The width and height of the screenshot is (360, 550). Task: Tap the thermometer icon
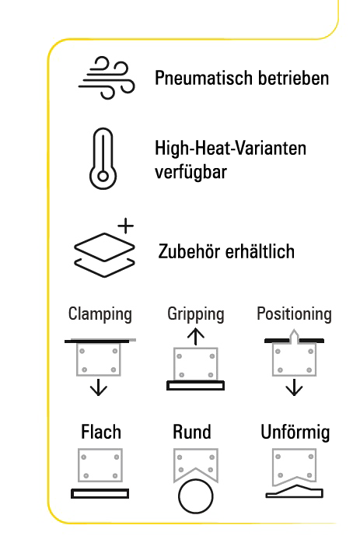[x=103, y=159]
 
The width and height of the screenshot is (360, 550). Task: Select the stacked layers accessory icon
[x=104, y=254]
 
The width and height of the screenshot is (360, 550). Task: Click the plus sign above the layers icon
[x=125, y=226]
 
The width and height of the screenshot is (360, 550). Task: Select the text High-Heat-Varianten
[x=230, y=148]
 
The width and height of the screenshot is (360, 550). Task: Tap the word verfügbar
[x=190, y=172]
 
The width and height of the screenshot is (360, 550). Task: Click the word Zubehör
[x=189, y=251]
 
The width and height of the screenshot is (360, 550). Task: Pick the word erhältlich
[x=260, y=251]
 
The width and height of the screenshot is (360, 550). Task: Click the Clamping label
[x=100, y=314]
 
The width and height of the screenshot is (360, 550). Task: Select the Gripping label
[x=196, y=314]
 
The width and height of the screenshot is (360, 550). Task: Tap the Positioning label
[x=294, y=314]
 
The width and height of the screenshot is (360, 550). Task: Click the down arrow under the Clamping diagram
[x=99, y=387]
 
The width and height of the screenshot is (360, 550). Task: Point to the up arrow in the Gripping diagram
[x=196, y=337]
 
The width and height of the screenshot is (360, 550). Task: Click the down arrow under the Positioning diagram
[x=294, y=387]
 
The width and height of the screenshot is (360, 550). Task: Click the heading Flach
[x=101, y=432]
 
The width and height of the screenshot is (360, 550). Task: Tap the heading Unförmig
[x=295, y=433]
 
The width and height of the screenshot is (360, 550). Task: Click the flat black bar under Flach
[x=100, y=493]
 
